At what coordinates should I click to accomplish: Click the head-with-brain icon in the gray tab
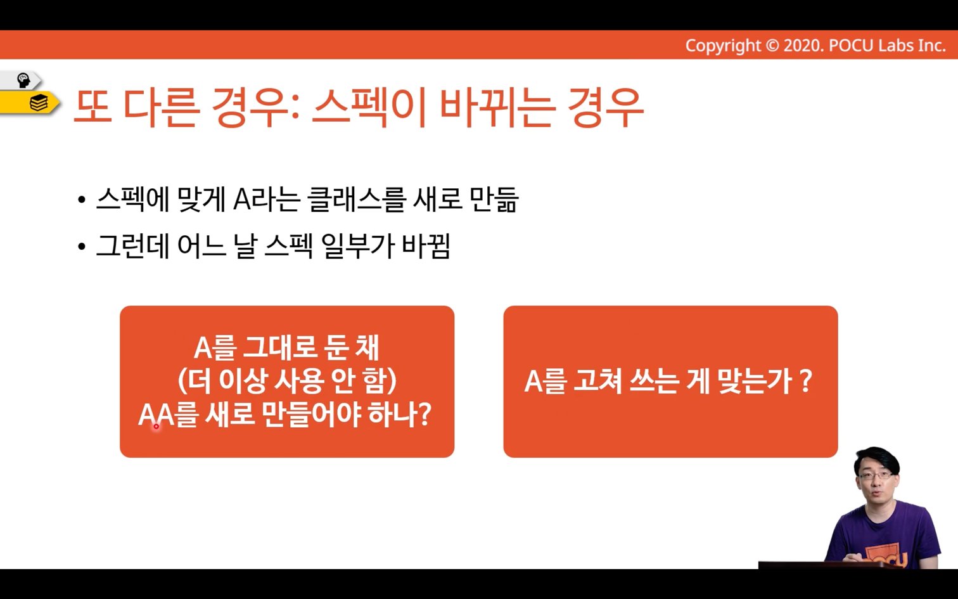(23, 80)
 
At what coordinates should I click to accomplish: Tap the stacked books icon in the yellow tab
(39, 103)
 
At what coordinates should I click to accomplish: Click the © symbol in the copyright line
(772, 45)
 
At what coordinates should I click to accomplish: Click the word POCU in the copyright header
(851, 45)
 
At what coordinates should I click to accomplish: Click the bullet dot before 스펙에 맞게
(82, 200)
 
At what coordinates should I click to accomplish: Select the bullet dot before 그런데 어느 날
(82, 247)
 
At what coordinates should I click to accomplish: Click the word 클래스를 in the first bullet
(355, 200)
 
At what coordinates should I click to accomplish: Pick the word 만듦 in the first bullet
(494, 200)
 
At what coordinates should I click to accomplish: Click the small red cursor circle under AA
(156, 426)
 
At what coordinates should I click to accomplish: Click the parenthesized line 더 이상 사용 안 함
(287, 381)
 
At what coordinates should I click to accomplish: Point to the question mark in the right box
(805, 381)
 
